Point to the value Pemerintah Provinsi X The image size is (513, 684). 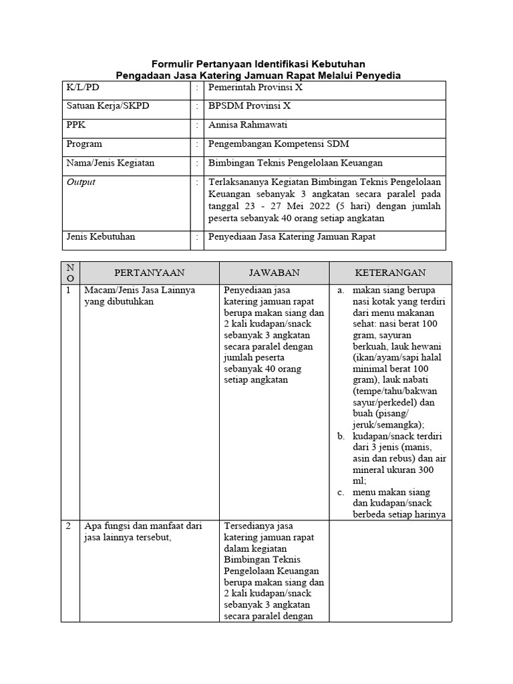(x=256, y=87)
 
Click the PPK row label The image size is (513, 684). (x=75, y=125)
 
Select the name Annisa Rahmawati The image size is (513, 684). (x=248, y=125)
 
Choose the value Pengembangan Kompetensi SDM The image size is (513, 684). (x=279, y=144)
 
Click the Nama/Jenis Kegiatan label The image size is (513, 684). (x=110, y=162)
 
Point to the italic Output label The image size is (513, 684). (x=81, y=182)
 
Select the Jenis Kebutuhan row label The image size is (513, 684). (x=100, y=236)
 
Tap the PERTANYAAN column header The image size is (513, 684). (x=149, y=273)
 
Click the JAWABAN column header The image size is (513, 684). (x=274, y=273)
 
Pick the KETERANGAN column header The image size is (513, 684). (x=390, y=273)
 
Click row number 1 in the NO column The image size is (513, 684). (x=69, y=290)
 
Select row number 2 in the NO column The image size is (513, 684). (x=69, y=526)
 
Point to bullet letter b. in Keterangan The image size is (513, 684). (x=341, y=436)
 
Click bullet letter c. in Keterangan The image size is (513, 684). (x=341, y=492)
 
